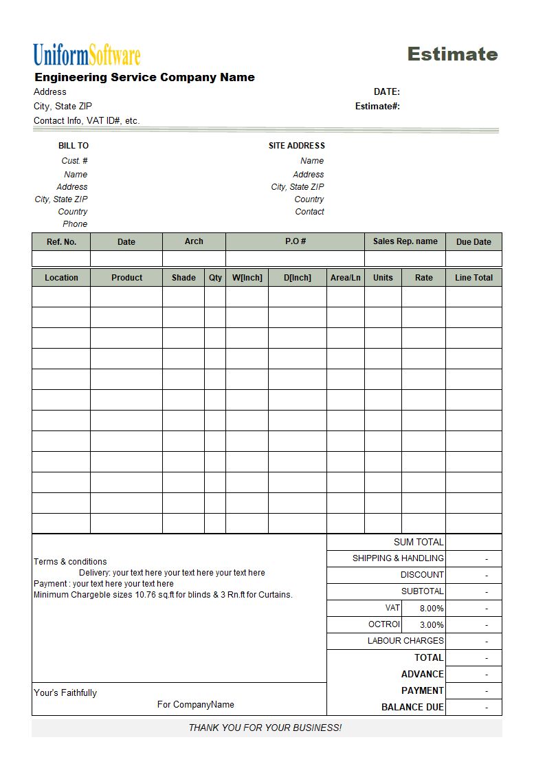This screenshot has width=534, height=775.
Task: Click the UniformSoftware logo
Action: tap(87, 55)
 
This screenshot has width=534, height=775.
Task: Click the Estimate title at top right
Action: tap(452, 54)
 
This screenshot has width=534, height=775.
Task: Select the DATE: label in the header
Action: tap(386, 92)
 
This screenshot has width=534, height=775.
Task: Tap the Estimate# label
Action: tap(377, 107)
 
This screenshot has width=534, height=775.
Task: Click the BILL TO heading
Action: tap(74, 146)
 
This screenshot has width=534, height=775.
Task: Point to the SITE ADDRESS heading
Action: tap(296, 146)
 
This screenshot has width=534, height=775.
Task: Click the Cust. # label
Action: tap(74, 161)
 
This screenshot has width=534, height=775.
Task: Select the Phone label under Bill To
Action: tap(75, 224)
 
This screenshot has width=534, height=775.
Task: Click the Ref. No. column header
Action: tap(61, 242)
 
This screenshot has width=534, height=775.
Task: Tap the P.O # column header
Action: tap(295, 241)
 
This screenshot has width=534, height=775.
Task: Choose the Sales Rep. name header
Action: tap(405, 241)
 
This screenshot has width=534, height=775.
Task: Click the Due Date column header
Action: tap(474, 242)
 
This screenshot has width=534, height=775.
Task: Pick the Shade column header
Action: tap(183, 278)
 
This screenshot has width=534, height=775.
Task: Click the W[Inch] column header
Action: tap(247, 278)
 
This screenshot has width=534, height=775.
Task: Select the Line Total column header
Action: tap(474, 278)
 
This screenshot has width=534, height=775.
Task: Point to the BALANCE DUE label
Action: tap(412, 708)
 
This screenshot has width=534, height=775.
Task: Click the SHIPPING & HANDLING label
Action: tap(398, 558)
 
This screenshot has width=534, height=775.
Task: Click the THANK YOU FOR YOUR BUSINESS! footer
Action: tap(265, 728)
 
